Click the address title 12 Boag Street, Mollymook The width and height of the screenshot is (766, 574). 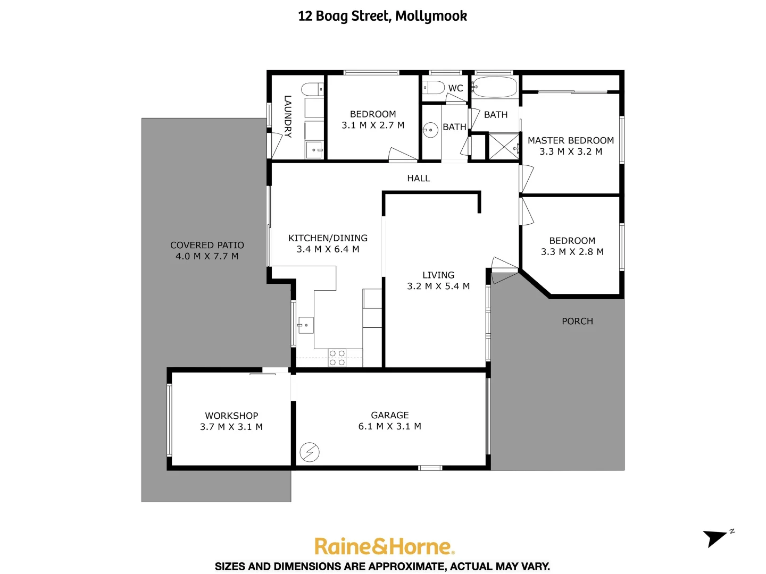click(x=382, y=16)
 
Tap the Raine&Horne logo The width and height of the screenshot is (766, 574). click(x=383, y=546)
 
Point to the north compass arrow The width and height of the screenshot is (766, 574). click(x=716, y=537)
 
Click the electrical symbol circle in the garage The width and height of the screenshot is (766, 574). click(x=310, y=452)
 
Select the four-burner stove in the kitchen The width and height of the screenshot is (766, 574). click(x=337, y=358)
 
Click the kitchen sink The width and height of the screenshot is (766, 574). click(x=306, y=325)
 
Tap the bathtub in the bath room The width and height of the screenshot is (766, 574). click(x=495, y=87)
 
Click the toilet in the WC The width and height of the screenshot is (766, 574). click(x=434, y=88)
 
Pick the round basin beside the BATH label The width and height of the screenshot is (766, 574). click(x=430, y=130)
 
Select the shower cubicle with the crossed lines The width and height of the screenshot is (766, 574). click(x=504, y=146)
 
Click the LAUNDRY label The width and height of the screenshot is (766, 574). click(x=287, y=116)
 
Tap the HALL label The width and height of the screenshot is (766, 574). click(x=418, y=179)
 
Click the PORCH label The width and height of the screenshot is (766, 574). click(x=577, y=321)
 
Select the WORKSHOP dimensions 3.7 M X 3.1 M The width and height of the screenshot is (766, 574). click(x=231, y=427)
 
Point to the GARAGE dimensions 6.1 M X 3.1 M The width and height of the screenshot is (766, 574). click(x=389, y=426)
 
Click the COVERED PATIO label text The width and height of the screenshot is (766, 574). click(x=207, y=245)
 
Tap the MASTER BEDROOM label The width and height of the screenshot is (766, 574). click(x=570, y=140)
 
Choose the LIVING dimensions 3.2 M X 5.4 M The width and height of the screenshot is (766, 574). click(x=438, y=286)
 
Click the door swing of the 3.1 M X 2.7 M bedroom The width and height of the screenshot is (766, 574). click(x=402, y=155)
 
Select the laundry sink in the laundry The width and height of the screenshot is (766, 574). click(x=314, y=150)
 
